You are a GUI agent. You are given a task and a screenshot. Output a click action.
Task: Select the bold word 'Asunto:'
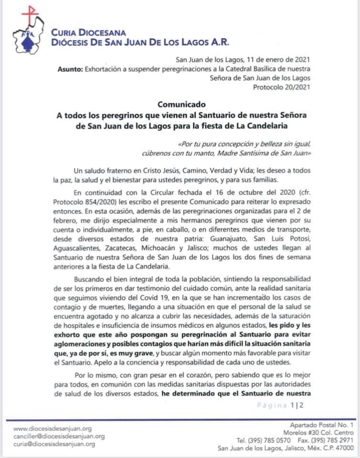[x=70, y=69]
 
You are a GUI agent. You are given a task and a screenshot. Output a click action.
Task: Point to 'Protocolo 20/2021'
[x=283, y=86]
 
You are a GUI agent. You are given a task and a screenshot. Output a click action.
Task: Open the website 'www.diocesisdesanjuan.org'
[x=53, y=428]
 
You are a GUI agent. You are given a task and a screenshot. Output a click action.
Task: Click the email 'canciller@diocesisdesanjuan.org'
[x=59, y=436]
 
